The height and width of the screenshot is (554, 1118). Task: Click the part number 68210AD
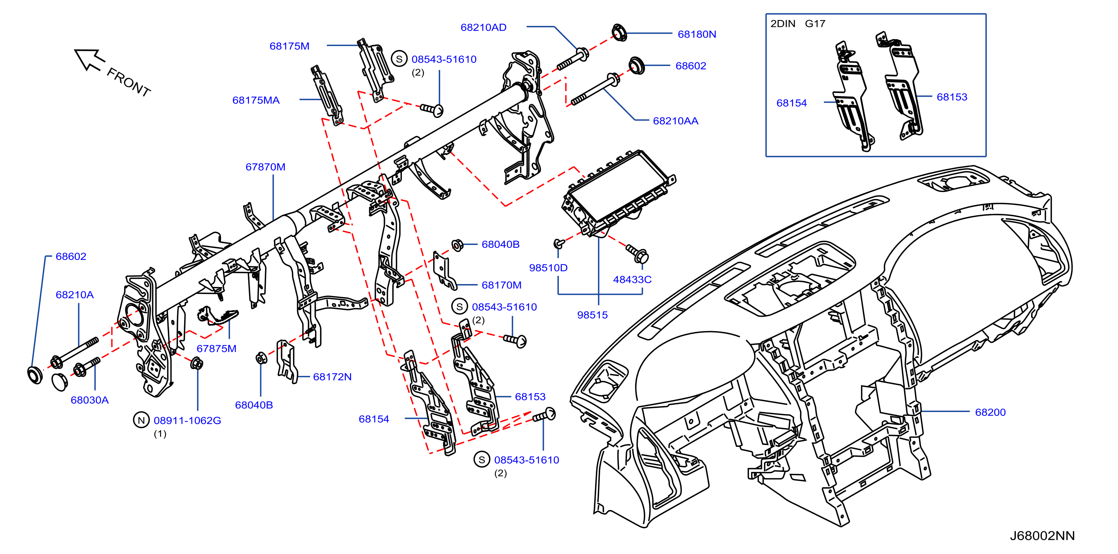coord(483,27)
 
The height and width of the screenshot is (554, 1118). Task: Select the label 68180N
coord(697,34)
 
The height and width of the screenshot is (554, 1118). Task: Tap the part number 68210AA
coord(675,121)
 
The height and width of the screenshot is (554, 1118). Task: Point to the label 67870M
coord(265,167)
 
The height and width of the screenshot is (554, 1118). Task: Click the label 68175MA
coord(256,100)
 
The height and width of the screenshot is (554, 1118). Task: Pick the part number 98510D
coord(548,268)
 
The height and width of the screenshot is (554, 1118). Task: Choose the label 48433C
coord(632,279)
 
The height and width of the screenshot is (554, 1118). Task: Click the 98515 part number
coord(592,315)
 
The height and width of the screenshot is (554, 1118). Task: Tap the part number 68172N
coord(332,377)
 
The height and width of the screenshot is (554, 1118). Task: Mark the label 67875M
coord(216,348)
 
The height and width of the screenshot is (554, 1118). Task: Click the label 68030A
coord(89,400)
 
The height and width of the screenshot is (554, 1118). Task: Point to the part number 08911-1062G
coord(187,420)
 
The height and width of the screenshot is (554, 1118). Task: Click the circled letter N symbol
coord(141,420)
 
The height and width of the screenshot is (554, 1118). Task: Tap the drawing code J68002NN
coord(1042,535)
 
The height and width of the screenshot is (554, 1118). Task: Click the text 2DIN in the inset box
coord(782,24)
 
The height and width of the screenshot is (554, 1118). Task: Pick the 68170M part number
coord(501,285)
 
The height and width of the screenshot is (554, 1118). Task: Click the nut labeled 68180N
coord(619,32)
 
